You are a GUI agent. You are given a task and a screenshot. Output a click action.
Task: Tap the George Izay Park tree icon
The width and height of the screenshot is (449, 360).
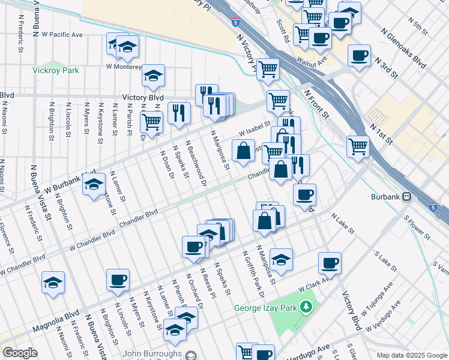pos(307,308)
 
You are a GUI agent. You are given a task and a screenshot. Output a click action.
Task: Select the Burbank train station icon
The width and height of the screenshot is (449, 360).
pos(406,196)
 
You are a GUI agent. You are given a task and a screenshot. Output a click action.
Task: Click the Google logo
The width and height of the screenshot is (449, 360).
pos(20,353)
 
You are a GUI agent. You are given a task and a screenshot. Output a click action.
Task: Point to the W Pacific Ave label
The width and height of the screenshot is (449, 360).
pos(62,35)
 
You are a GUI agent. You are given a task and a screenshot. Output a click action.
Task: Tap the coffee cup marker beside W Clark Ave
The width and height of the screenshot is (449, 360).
pos(330,262)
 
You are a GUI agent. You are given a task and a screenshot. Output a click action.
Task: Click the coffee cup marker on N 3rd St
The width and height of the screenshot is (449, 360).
pos(359,56)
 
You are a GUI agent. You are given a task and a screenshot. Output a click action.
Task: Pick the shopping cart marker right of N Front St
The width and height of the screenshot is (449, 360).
pos(358,145)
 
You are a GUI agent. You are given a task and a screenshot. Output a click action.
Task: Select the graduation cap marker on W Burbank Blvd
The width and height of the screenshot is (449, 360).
pos(94,185)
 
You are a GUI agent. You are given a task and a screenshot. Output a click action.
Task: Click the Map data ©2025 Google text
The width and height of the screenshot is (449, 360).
pos(411,355)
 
